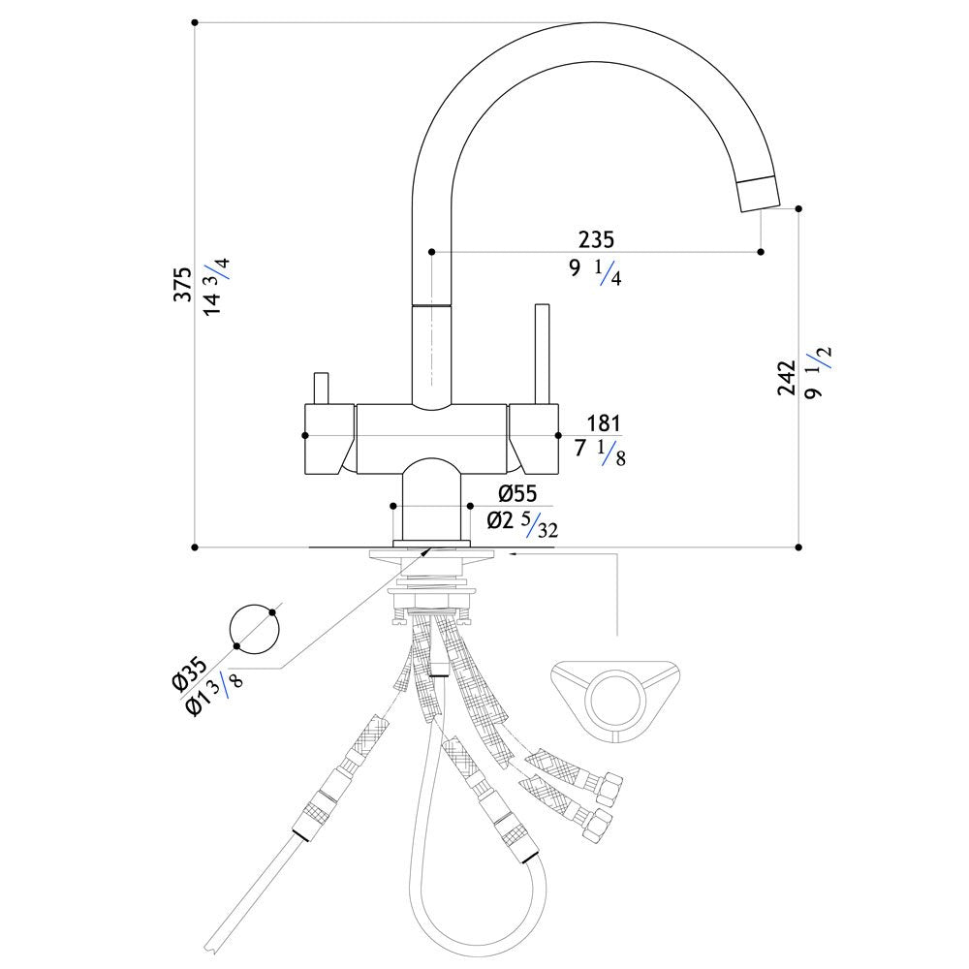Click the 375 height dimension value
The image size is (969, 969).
pos(182,284)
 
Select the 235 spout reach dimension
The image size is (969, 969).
pos(596,239)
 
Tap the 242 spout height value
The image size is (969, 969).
pos(787,378)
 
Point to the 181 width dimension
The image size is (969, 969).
pos(603,423)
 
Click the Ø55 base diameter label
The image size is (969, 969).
pos(517,493)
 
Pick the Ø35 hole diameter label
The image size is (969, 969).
pos(188,675)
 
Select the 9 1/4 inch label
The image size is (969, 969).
pos(595,272)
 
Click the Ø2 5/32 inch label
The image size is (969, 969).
pos(522,524)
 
